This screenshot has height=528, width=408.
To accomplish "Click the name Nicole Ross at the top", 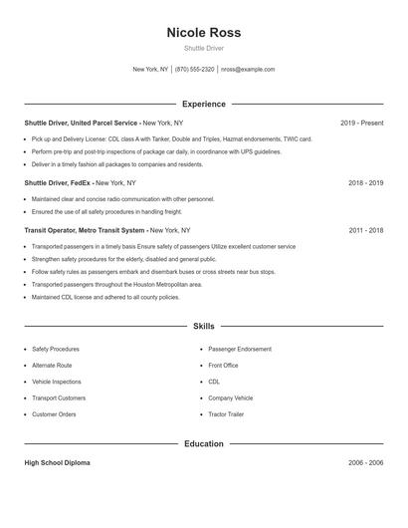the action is point(203,33).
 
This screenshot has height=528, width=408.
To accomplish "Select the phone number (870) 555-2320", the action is point(195,70).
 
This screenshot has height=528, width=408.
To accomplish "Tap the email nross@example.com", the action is point(248,70).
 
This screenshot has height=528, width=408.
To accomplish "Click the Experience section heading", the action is point(203,104).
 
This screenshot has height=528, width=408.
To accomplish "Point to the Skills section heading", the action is point(203,326).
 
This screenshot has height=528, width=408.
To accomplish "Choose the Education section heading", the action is point(203,443).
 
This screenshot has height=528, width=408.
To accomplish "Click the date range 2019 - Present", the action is point(361,123).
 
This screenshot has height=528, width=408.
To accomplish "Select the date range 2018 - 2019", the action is point(365,183).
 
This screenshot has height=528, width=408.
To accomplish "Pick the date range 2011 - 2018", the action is point(365,230).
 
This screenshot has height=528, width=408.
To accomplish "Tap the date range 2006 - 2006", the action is point(365,463).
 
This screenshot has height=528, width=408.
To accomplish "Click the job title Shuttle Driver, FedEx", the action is point(57,183).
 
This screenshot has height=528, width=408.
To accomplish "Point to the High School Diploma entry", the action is point(58,463).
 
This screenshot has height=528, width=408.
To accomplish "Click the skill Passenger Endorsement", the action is point(239,350).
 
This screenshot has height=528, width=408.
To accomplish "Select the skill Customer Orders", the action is point(54,414).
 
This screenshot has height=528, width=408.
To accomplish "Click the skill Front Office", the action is point(223,366).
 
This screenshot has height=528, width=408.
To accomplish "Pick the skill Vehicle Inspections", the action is point(57,382).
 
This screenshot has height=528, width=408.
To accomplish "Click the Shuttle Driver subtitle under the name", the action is point(203,49).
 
